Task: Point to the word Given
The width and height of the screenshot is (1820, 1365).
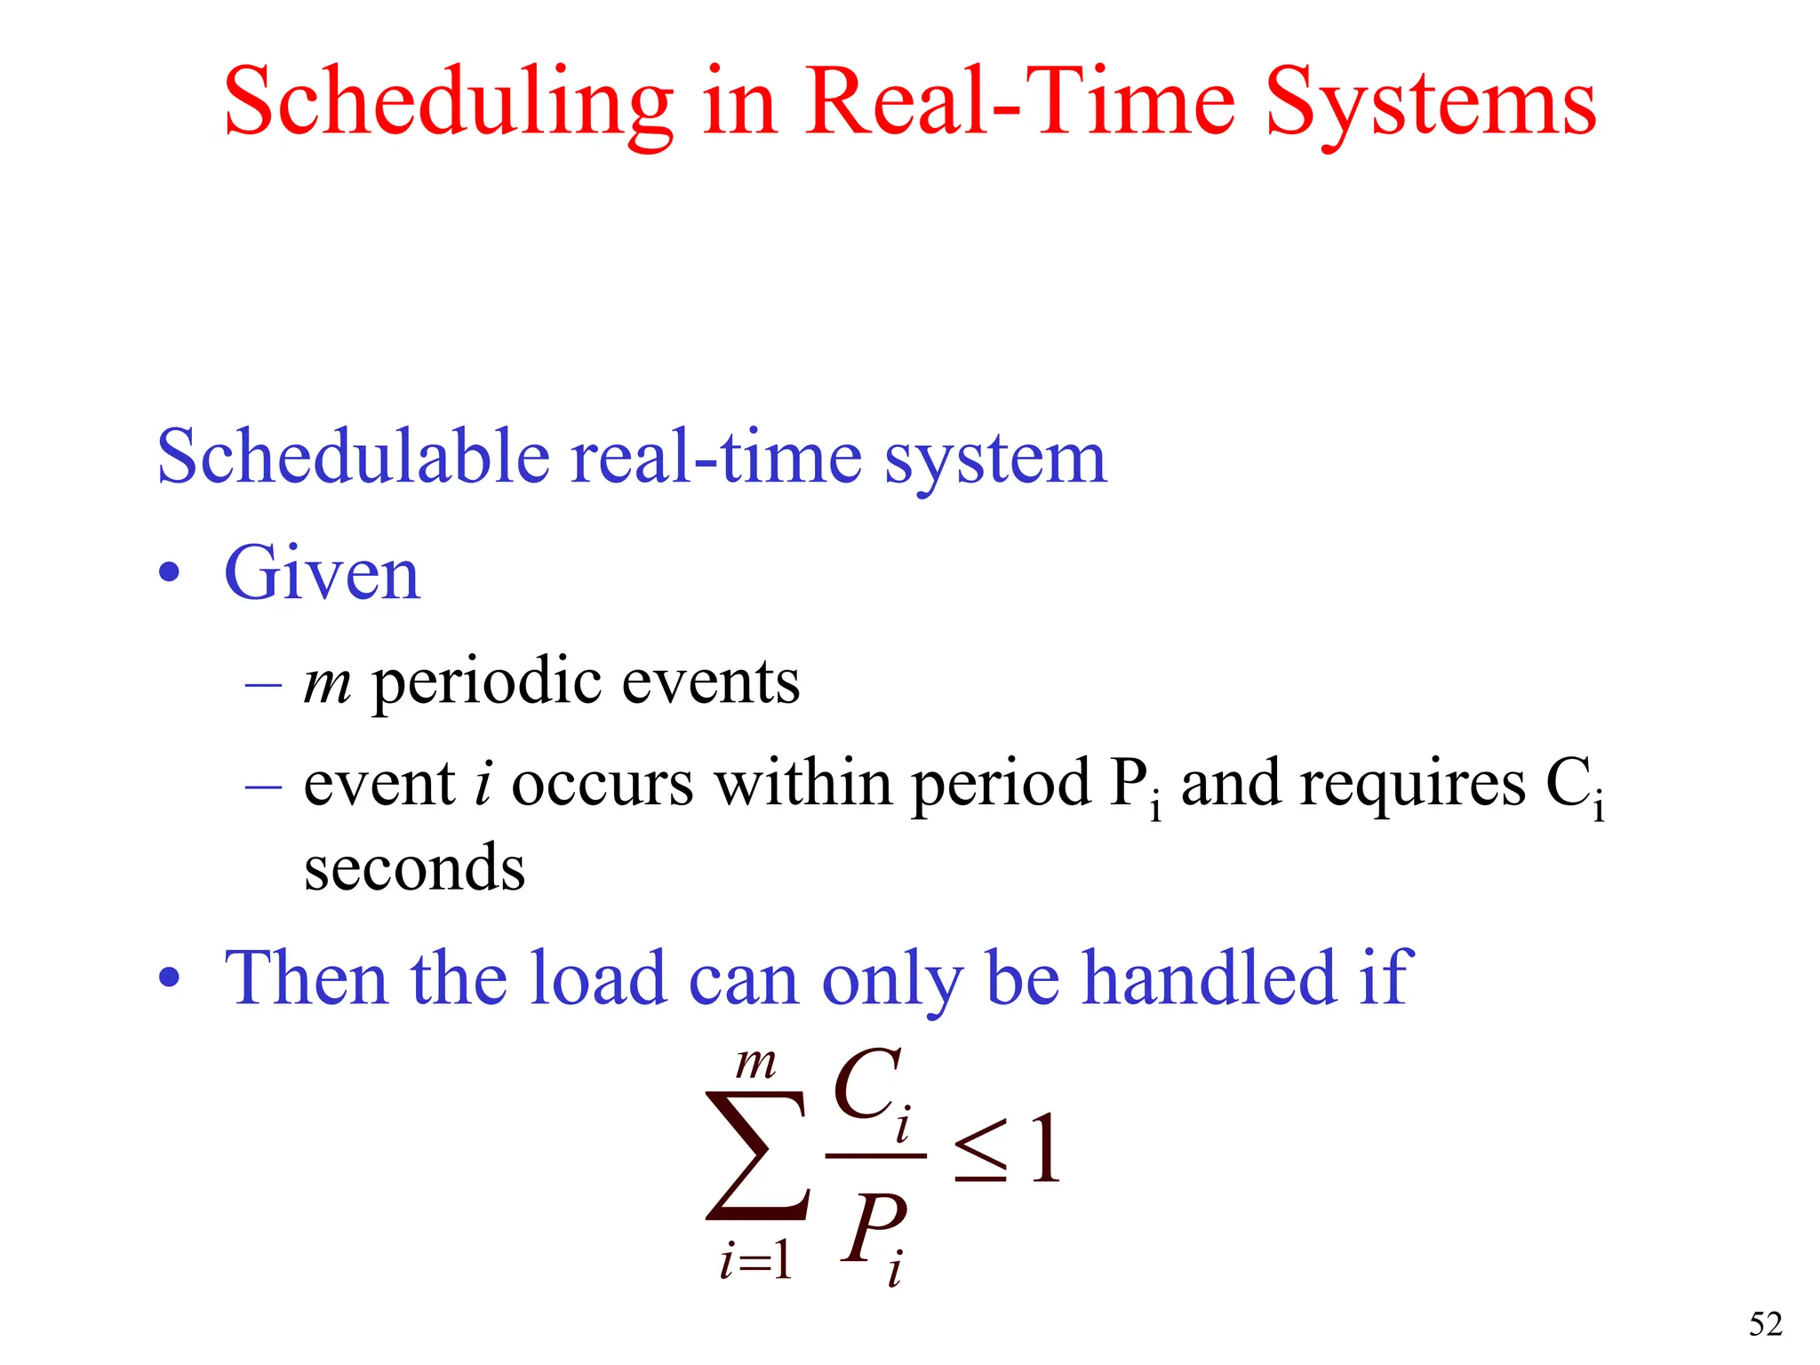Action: (x=322, y=573)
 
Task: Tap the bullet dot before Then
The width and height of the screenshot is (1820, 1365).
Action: (x=169, y=978)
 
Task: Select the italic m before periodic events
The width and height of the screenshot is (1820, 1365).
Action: (x=327, y=683)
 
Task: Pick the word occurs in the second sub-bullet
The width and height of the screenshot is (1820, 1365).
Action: (x=602, y=784)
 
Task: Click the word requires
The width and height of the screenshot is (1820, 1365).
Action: (x=1413, y=784)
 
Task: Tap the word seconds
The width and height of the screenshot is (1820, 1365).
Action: (x=414, y=868)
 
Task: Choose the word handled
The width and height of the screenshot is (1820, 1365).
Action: (x=1209, y=978)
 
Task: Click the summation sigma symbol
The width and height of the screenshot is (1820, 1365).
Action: (x=758, y=1155)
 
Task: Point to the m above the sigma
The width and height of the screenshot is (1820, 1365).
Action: (x=756, y=1064)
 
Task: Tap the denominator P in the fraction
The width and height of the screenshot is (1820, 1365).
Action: (x=872, y=1228)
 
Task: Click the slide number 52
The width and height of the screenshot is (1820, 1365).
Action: (x=1765, y=1324)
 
